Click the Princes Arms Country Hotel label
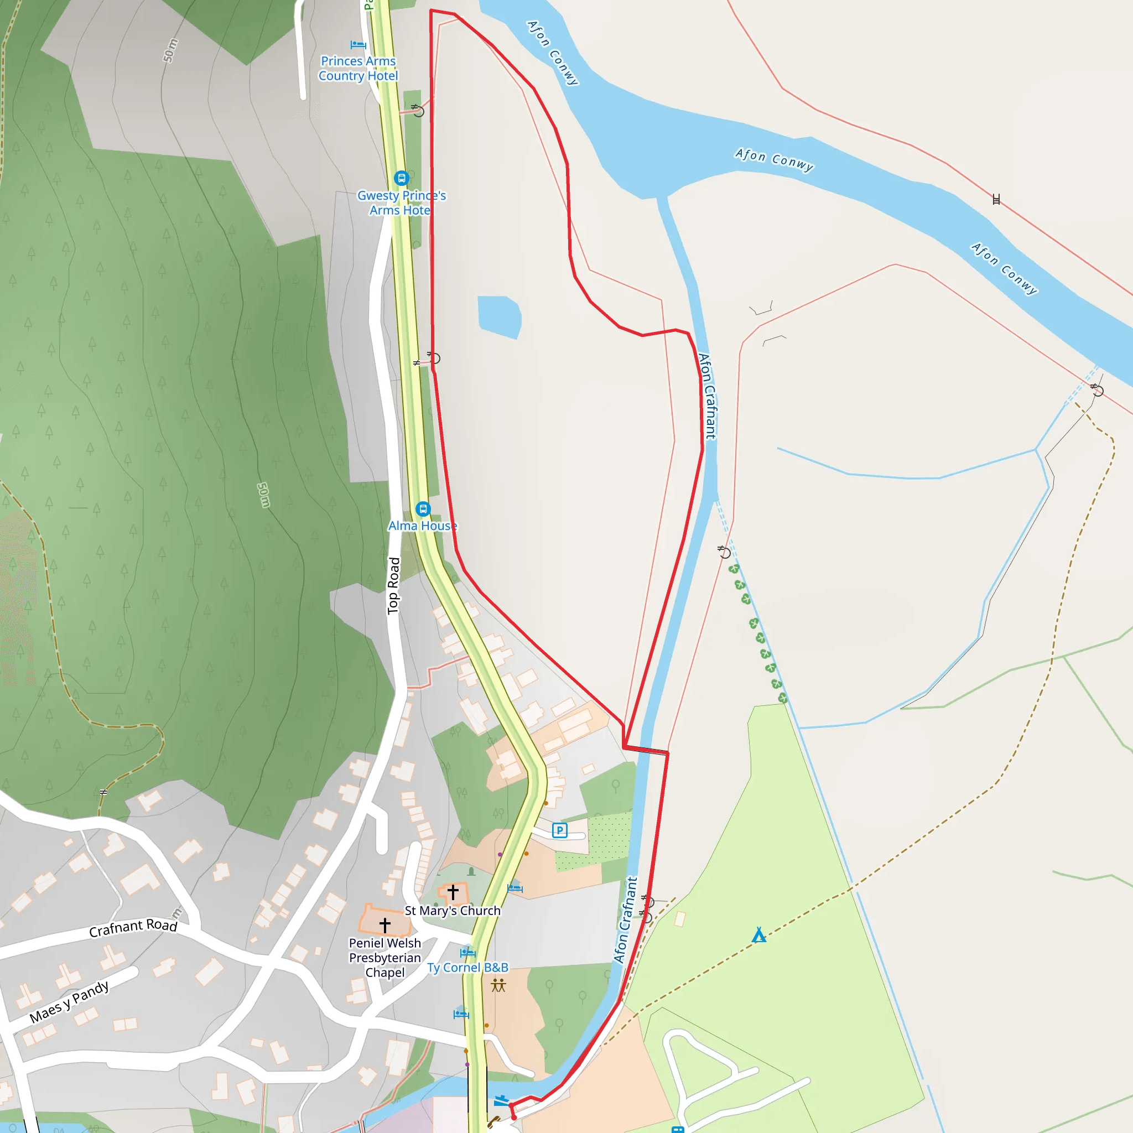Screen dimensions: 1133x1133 [x=358, y=69]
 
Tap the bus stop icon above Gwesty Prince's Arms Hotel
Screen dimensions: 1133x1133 [x=401, y=177]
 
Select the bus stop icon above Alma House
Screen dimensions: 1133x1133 [x=423, y=508]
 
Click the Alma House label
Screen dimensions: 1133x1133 [x=422, y=526]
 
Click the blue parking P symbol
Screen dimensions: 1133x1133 [x=559, y=830]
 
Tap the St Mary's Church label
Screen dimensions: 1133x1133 [x=453, y=910]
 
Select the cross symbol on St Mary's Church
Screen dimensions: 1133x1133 [x=453, y=892]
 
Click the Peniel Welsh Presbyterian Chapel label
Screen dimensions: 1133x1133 [x=384, y=958]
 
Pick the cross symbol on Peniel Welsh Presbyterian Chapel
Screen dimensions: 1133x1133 [x=384, y=925]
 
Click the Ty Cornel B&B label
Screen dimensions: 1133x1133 [x=467, y=968]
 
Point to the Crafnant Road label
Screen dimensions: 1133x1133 [x=133, y=927]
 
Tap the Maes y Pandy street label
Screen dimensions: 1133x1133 [x=69, y=1002]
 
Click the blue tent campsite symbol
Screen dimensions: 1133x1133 [x=759, y=935]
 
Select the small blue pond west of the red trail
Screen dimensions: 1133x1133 [x=499, y=316]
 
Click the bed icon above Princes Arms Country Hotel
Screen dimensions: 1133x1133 [x=358, y=45]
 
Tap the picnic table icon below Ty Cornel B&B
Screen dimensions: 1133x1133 [x=498, y=985]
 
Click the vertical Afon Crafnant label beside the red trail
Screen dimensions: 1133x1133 [x=707, y=396]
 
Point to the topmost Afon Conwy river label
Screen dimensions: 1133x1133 [x=553, y=53]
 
